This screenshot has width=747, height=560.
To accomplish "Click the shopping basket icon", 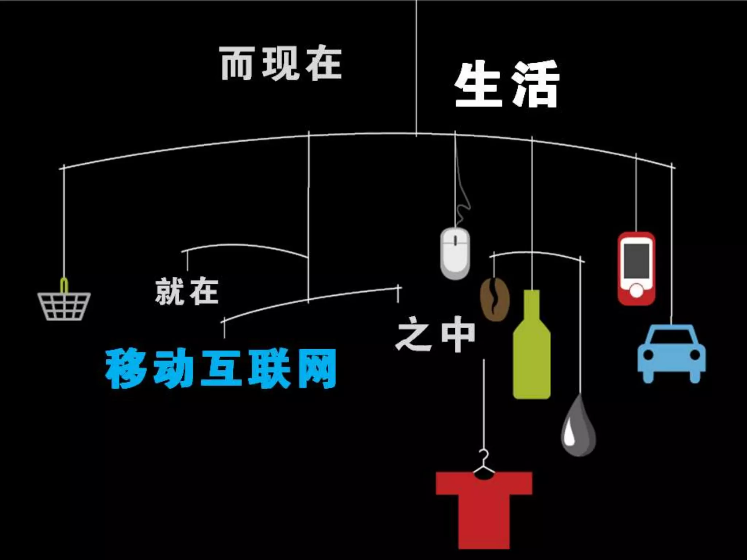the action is (x=64, y=306).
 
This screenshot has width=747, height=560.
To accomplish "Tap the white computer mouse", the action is (x=455, y=253).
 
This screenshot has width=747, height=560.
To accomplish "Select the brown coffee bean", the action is (x=495, y=299).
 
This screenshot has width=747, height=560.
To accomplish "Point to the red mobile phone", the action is (x=636, y=268).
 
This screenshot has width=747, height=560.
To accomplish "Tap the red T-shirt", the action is (x=484, y=510).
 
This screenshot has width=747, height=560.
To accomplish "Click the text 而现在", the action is (x=281, y=63).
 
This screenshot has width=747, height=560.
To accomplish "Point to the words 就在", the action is (x=187, y=291).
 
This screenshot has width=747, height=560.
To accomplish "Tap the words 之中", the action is (x=436, y=334).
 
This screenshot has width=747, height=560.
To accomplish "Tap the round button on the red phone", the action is (x=636, y=291).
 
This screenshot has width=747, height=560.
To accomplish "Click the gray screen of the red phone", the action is (x=636, y=261).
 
